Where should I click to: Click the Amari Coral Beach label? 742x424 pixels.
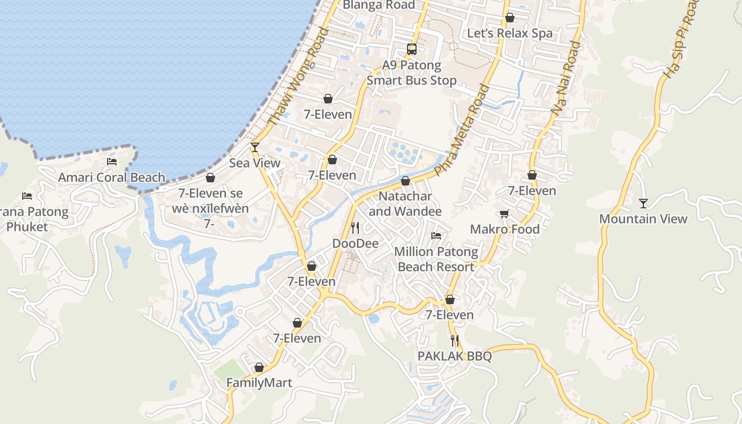[111, 178]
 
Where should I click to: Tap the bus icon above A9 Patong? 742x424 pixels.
[412, 49]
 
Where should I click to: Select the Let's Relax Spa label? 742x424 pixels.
[509, 33]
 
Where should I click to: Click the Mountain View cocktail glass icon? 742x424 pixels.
[643, 203]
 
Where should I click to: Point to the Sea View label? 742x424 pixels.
[254, 163]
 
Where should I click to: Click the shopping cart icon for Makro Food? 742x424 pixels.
[504, 214]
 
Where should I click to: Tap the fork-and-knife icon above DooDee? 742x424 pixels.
[355, 228]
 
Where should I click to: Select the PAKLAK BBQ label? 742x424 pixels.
[455, 356]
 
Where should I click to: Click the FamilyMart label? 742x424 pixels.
[259, 383]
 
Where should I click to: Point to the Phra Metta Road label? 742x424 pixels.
[462, 129]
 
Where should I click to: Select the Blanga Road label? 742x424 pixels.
[379, 5]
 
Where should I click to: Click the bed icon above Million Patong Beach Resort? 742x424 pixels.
[436, 236]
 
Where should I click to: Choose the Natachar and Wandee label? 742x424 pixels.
[405, 204]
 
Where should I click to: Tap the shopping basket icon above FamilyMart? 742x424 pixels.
[259, 367]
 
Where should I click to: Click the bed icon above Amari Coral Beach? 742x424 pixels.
[112, 162]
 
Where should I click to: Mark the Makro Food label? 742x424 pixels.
[505, 229]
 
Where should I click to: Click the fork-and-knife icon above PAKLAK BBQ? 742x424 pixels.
[455, 340]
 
